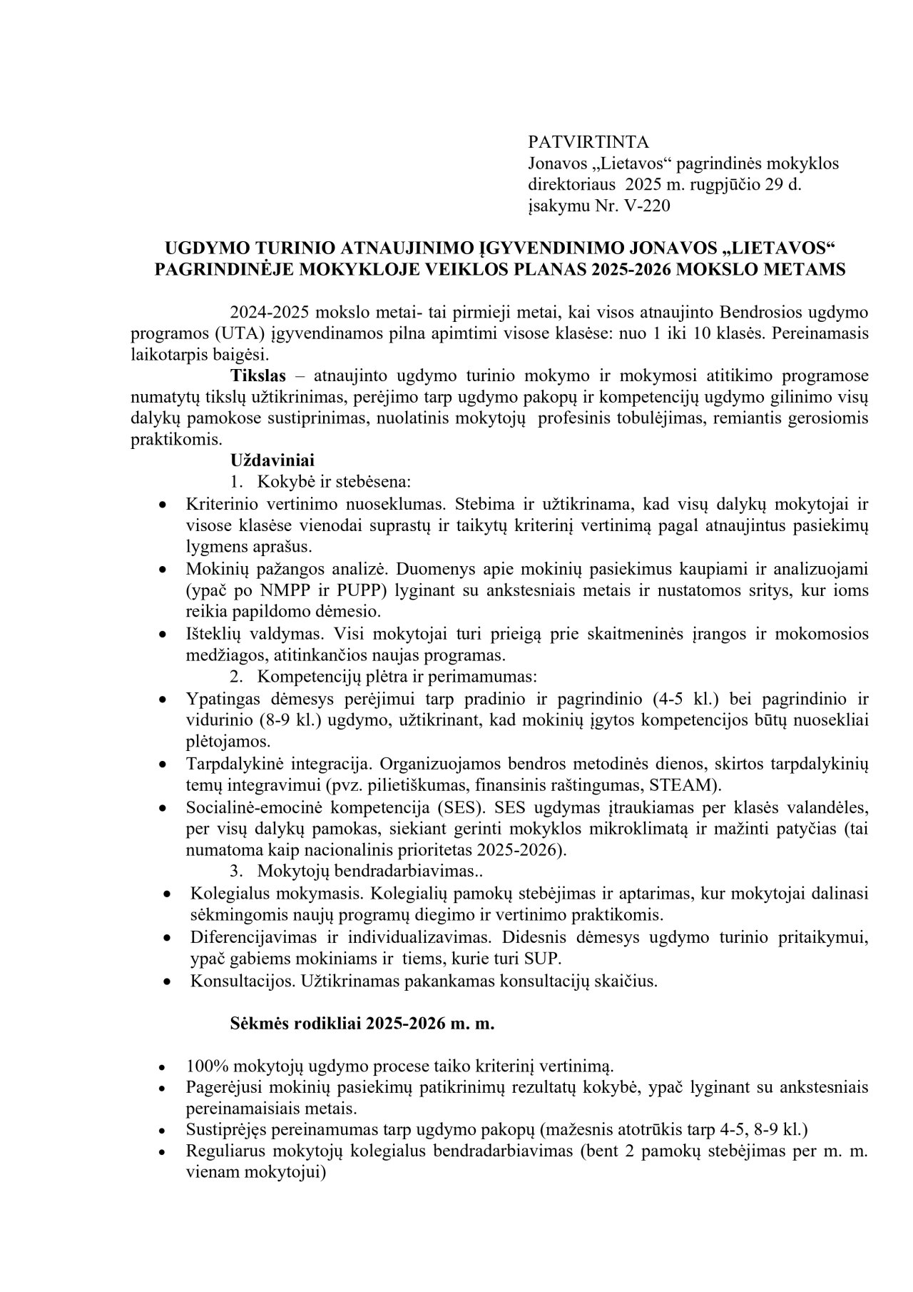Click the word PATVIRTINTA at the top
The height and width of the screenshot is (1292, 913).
[x=588, y=141]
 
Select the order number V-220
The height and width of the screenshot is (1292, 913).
[x=648, y=206]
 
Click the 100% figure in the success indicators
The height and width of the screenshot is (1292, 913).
[x=206, y=1066]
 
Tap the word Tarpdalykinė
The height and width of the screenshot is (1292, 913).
[x=235, y=764]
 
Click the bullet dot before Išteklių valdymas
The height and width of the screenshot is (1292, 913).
[x=163, y=635]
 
